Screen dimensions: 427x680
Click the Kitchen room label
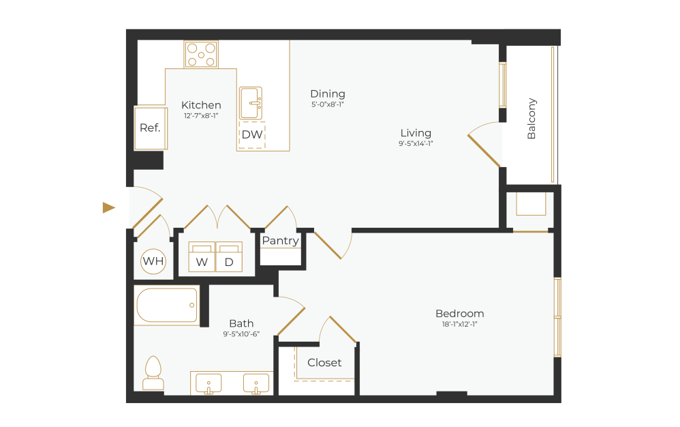pos(201,105)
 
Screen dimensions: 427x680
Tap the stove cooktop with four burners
pos(201,55)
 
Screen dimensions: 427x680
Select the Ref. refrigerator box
pos(151,128)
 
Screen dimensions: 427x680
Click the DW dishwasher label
pos(251,135)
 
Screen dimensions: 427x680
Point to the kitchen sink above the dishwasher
pos(251,104)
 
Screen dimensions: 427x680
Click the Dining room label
pos(328,93)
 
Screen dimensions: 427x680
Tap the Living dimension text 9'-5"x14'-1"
pos(416,144)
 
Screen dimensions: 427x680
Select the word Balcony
pos(531,119)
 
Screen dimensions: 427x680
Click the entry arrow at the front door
pos(109,207)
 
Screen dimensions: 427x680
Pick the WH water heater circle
pos(153,261)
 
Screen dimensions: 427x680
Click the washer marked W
pos(202,258)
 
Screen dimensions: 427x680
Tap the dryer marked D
pos(229,258)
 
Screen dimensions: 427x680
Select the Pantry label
pos(280,241)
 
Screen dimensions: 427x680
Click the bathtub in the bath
pos(168,306)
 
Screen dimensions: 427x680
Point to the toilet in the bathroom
pos(153,373)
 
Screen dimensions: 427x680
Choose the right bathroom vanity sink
pos(256,383)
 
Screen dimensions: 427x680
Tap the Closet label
pos(324,363)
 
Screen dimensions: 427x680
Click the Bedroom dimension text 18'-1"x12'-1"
pos(460,325)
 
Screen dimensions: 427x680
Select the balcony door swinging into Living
pos(484,148)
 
